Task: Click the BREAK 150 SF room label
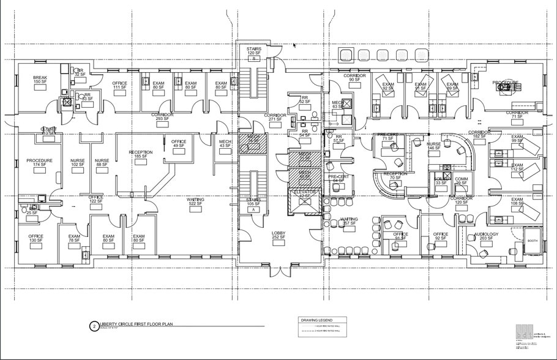click(40, 80)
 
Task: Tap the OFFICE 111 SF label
click(119, 85)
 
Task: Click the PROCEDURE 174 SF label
click(39, 163)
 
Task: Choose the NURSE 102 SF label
click(78, 163)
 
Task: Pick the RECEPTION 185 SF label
click(140, 154)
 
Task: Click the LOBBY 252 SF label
click(278, 235)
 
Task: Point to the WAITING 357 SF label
click(349, 221)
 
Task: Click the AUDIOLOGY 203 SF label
click(487, 236)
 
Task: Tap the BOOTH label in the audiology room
click(532, 241)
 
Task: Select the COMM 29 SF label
click(462, 181)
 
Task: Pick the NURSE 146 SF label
click(433, 146)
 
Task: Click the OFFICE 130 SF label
click(35, 238)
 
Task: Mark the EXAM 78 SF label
click(75, 238)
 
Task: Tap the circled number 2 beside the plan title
click(94, 326)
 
